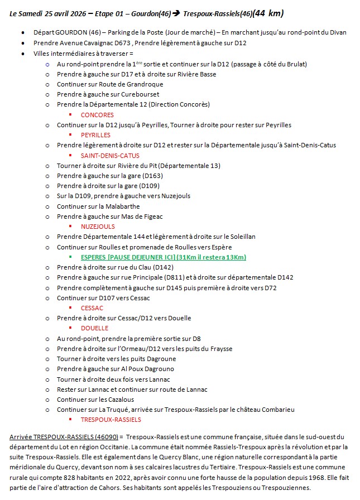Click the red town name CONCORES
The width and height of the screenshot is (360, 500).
97,114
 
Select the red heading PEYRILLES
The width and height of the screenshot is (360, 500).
95,135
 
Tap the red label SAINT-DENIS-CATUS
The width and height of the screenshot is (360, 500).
110,156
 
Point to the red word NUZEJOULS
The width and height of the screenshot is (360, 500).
98,227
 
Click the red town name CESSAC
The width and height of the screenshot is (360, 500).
92,308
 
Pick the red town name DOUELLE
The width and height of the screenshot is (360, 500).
94,328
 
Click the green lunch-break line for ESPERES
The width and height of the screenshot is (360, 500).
163,257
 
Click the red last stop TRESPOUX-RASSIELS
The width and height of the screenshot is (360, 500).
111,420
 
